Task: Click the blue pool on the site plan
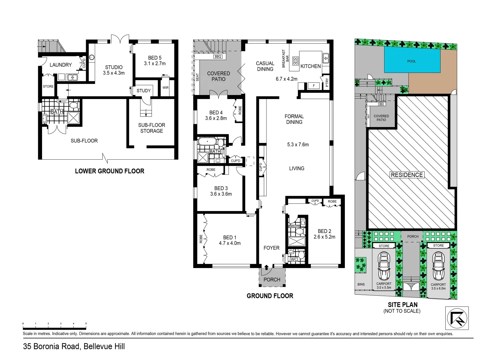[412, 60]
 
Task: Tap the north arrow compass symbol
[457, 318]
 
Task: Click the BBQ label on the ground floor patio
[218, 57]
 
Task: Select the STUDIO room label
[114, 67]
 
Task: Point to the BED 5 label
[155, 58]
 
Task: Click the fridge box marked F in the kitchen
[314, 86]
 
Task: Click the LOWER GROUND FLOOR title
[109, 171]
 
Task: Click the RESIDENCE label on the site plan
[407, 175]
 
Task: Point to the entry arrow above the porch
[267, 267]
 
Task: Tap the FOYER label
[272, 248]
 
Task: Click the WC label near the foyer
[294, 259]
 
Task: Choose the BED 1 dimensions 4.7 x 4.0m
[229, 243]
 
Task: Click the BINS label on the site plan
[361, 284]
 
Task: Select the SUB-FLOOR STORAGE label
[151, 128]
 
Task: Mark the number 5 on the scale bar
[86, 324]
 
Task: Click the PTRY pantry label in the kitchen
[327, 82]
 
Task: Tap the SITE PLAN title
[402, 305]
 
